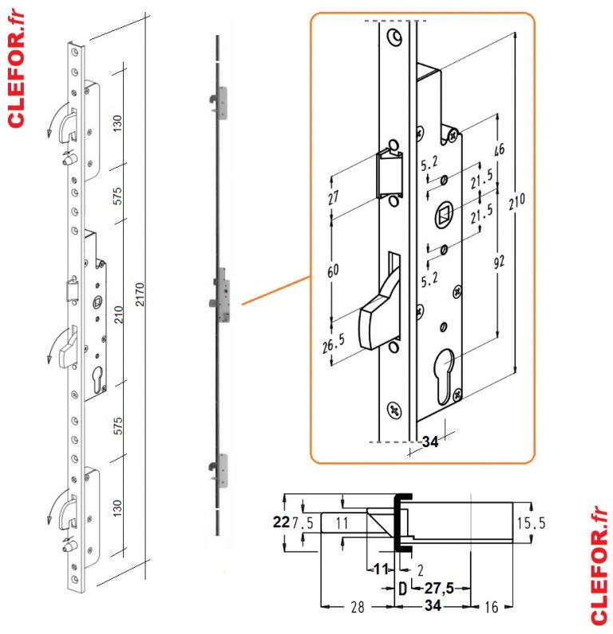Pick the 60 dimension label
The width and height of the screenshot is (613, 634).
pos(334,270)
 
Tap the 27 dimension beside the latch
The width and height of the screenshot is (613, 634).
pos(334,197)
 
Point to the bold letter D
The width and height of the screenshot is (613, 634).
pos(402,588)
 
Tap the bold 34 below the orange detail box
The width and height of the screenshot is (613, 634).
pos(429,444)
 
